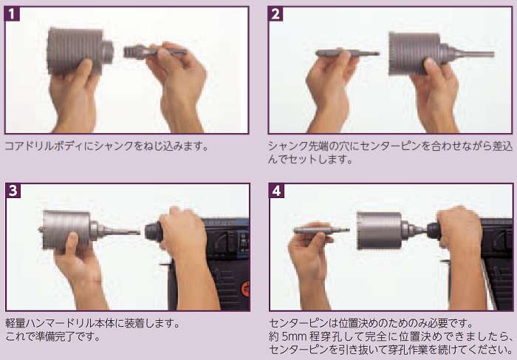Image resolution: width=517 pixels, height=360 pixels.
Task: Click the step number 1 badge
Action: (12, 14)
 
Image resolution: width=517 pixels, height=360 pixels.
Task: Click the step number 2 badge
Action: (275, 14)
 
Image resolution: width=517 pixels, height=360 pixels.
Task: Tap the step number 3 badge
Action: (13, 191)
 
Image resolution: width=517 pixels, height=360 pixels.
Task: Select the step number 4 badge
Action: (276, 191)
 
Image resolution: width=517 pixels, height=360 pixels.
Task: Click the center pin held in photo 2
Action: (347, 53)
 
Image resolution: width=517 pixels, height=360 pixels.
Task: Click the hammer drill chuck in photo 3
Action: (154, 232)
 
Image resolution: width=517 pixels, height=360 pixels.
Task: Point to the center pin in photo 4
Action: (321, 229)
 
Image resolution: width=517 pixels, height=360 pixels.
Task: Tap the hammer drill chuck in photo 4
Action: (434, 231)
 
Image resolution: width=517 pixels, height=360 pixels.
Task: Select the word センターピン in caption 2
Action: (391, 146)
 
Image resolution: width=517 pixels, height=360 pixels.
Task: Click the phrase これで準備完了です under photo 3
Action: (52, 336)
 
